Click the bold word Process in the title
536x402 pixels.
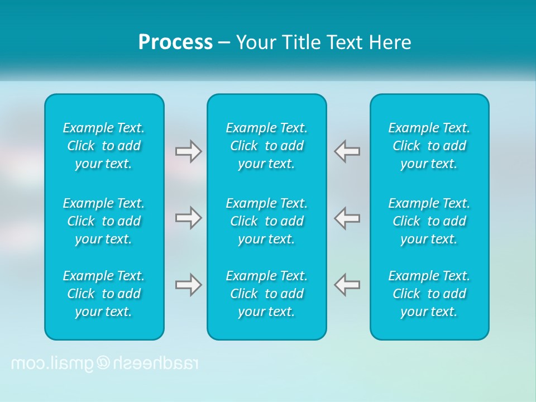175,42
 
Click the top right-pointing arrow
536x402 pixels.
188,151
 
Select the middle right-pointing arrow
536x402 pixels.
188,218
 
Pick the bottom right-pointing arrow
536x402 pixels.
188,285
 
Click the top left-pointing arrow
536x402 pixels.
347,151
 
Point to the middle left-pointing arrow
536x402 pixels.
347,218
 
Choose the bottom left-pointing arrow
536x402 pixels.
347,285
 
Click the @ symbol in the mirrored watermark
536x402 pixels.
104,363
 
